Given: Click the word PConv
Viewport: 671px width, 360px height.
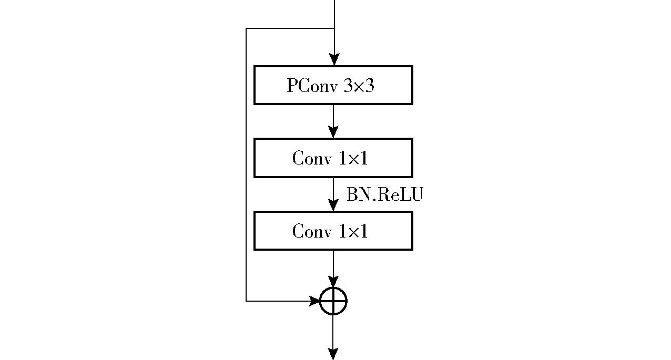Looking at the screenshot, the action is tap(312, 86).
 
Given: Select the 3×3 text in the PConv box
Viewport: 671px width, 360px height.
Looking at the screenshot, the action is tap(359, 86).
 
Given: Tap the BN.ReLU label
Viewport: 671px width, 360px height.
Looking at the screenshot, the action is tap(384, 194).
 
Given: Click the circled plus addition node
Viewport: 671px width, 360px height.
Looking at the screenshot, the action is tap(333, 301).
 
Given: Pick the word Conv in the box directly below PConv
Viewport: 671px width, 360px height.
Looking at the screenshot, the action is tap(312, 158).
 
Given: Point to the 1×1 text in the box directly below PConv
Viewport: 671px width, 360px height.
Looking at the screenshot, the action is tap(353, 158).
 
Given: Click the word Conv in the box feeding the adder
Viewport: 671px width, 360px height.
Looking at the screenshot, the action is tap(312, 231).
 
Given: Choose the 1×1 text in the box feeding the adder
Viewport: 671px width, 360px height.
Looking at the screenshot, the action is tap(353, 231).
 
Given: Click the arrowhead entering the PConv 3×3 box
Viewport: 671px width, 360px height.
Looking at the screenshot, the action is tap(334, 59).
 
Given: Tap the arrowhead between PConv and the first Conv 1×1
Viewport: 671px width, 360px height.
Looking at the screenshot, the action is tap(333, 132).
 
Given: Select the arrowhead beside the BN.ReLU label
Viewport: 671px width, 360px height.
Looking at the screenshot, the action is tap(333, 205).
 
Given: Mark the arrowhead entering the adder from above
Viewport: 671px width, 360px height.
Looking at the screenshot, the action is tap(333, 282).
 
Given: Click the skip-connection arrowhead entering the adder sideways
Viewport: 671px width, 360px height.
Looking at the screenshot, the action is tap(314, 301).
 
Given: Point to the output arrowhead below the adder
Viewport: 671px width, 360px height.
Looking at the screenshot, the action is tap(333, 354).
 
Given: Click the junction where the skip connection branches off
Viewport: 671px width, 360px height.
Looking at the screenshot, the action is tap(334, 28).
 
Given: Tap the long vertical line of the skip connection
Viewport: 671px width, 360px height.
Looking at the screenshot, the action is tap(246, 164).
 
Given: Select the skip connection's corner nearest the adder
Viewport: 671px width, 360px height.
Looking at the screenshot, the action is tap(246, 301).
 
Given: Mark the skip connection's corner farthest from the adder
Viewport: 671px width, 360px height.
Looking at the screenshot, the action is tap(246, 28).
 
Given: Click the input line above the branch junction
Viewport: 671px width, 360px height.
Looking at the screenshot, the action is tap(334, 14).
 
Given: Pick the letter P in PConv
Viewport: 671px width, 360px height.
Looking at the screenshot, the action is tap(292, 85).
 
